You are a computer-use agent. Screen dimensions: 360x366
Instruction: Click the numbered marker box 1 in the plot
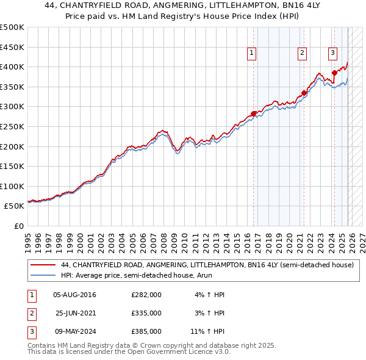tap(252, 54)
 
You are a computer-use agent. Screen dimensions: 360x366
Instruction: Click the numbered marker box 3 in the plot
tap(332, 54)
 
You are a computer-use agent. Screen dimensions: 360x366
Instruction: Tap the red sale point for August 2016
tap(254, 113)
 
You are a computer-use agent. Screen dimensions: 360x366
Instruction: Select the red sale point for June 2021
tap(304, 93)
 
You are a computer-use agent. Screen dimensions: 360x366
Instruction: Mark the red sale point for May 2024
tap(334, 73)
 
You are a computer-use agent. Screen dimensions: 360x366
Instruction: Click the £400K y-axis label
tap(12, 67)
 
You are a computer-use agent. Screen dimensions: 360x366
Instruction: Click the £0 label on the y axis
tap(18, 226)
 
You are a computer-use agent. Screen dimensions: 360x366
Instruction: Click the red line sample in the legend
tap(43, 265)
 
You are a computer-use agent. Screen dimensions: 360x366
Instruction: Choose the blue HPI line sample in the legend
tap(43, 275)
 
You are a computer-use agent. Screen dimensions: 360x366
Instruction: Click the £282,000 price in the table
tap(146, 295)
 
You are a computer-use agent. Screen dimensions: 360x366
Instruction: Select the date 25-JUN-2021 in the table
tap(76, 313)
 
